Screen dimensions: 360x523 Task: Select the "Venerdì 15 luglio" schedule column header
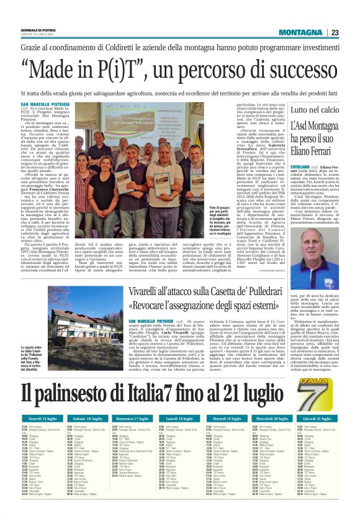point(39,419)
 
